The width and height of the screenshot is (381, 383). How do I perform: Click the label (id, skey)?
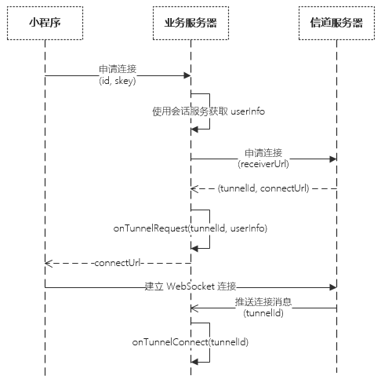click(x=118, y=81)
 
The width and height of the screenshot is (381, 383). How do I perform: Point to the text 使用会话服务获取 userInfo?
click(x=209, y=111)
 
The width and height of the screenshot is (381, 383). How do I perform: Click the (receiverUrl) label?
click(x=263, y=164)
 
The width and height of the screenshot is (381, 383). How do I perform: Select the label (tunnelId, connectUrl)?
click(x=263, y=188)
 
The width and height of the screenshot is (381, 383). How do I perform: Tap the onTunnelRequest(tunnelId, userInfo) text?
click(x=190, y=228)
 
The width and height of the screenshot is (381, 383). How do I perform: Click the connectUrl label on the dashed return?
click(x=118, y=263)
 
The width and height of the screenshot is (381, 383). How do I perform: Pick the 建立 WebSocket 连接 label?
click(x=190, y=286)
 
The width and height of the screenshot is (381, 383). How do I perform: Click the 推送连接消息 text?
click(x=263, y=302)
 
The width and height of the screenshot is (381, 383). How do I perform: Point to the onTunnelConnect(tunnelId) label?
click(x=190, y=342)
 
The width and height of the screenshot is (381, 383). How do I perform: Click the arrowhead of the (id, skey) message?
click(x=187, y=76)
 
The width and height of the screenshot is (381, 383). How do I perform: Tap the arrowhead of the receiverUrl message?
click(x=333, y=159)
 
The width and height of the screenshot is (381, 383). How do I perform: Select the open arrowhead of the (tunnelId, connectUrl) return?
click(x=194, y=188)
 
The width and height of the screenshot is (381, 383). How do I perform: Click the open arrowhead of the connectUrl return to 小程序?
click(x=49, y=263)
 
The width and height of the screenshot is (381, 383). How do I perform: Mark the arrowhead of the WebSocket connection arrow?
click(x=333, y=287)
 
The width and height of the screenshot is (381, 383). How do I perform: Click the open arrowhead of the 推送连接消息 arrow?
click(x=194, y=308)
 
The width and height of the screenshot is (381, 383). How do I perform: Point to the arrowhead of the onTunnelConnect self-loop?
click(x=194, y=362)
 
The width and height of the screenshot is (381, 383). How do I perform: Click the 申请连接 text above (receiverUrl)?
click(x=263, y=153)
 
